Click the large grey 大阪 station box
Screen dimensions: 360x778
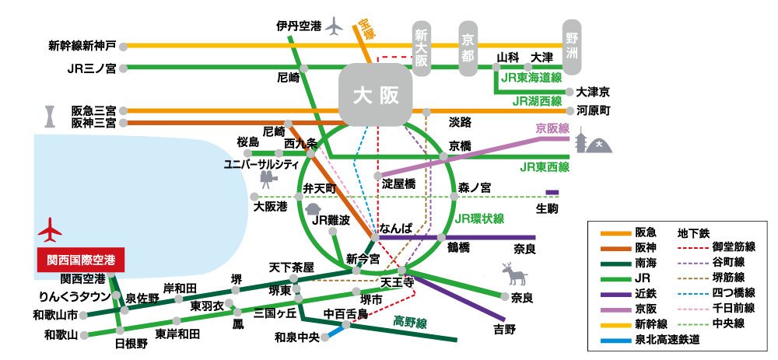click(x=376, y=96)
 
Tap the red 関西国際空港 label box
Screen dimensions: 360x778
click(x=81, y=259)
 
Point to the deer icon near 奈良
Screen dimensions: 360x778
click(x=514, y=274)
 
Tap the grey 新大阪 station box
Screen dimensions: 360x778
click(x=422, y=49)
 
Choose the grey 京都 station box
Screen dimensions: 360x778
click(x=468, y=49)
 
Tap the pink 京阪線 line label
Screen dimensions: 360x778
click(x=552, y=128)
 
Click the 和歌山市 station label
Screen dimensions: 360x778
click(x=55, y=315)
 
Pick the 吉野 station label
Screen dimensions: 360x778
click(x=504, y=330)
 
